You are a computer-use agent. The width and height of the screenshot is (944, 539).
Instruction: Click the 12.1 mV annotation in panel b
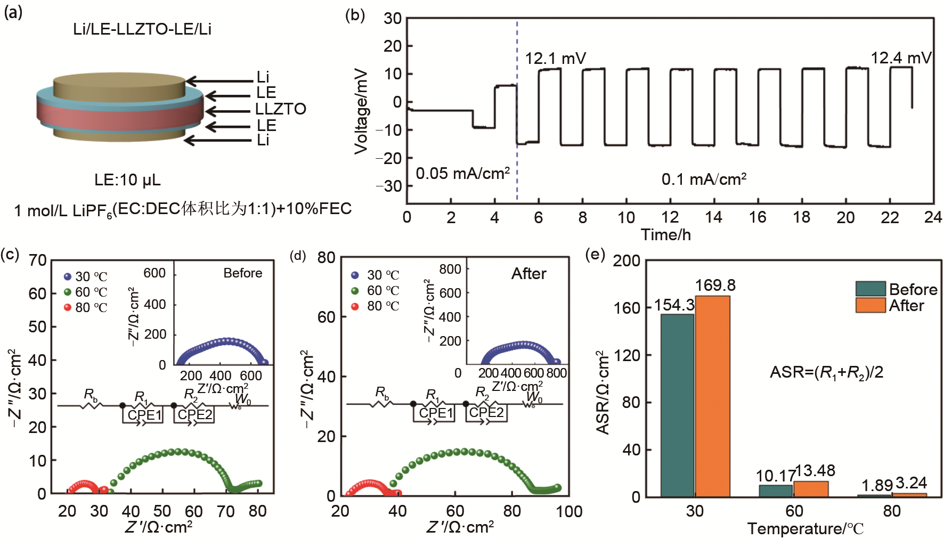click(555, 58)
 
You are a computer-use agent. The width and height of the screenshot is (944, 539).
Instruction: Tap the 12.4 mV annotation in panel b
click(901, 58)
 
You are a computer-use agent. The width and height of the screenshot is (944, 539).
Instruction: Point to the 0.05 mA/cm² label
click(462, 174)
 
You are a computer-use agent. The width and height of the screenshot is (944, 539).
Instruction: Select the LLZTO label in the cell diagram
click(280, 109)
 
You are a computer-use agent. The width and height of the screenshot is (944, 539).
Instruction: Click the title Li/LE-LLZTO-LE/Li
click(142, 29)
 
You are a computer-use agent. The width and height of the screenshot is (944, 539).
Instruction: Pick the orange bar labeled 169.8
click(712, 396)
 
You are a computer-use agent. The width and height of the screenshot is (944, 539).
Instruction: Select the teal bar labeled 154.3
click(677, 405)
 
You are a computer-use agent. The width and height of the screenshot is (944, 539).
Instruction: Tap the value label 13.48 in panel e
click(815, 471)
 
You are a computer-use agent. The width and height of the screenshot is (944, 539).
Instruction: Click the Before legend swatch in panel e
click(870, 289)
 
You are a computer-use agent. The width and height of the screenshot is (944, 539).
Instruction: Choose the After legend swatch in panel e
click(870, 305)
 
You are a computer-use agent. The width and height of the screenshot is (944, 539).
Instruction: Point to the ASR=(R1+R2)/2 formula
click(826, 372)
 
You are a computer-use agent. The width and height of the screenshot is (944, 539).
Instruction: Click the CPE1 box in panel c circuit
click(144, 415)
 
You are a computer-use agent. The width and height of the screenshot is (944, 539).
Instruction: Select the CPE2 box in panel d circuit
click(486, 413)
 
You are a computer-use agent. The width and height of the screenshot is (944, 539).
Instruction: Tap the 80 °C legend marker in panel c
click(68, 307)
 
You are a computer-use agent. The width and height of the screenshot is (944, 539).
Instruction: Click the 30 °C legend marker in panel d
click(355, 275)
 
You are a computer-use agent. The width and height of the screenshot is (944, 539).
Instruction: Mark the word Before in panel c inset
click(242, 273)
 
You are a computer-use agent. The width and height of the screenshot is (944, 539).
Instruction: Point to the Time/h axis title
click(665, 234)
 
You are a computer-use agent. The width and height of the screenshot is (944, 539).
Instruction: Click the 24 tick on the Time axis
click(933, 217)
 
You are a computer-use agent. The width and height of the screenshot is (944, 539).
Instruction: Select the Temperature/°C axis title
click(805, 529)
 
